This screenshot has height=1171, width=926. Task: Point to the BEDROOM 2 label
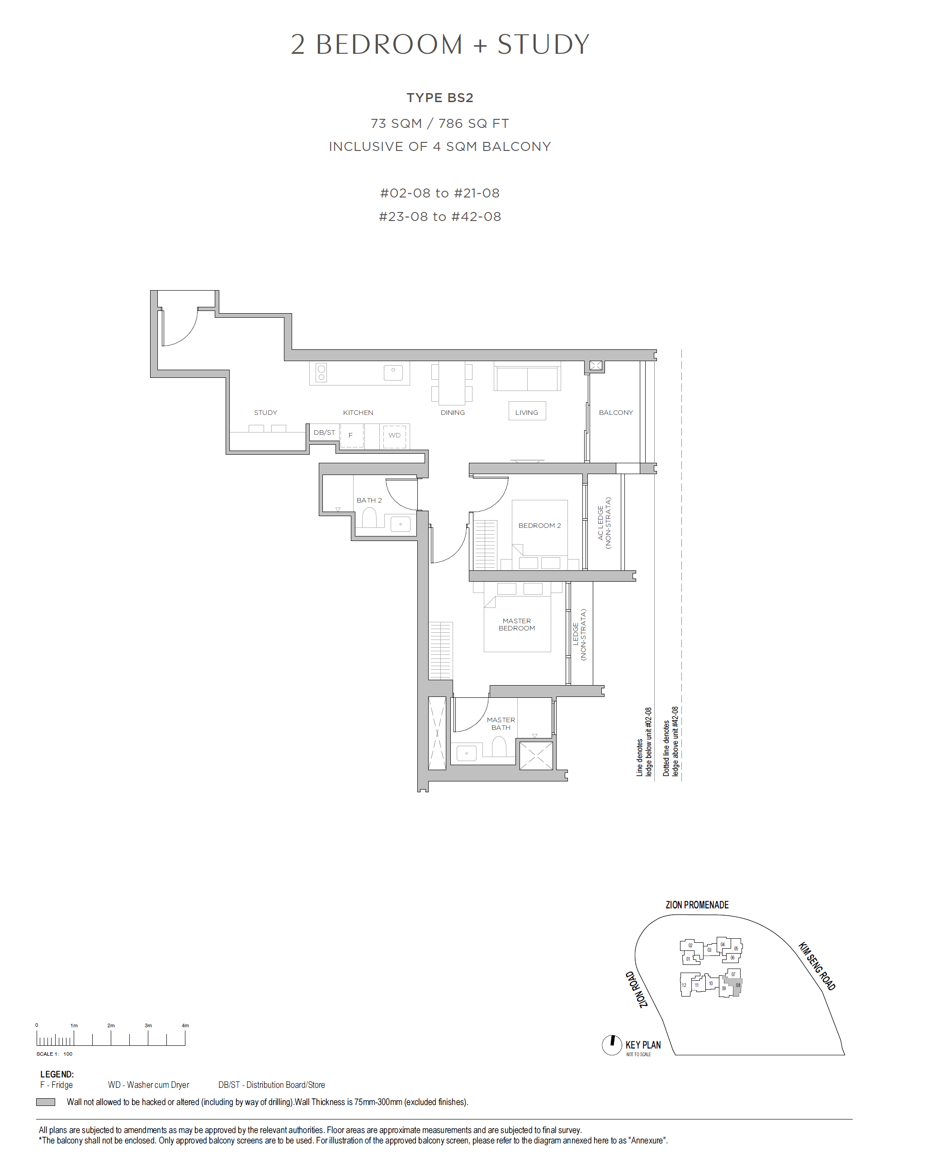539,526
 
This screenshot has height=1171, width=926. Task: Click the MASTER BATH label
501,724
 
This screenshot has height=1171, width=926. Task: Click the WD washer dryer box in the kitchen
394,435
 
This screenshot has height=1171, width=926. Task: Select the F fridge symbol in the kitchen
351,436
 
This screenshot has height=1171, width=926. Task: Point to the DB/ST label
324,433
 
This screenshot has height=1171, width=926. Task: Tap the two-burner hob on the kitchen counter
321,372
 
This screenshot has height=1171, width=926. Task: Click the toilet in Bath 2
369,518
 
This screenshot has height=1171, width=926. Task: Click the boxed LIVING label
527,412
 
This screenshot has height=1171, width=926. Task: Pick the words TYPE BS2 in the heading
439,98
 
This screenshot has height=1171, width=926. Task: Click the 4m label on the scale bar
185,1025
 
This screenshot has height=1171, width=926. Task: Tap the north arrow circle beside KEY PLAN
612,1045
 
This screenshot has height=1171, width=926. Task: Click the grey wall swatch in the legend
46,1102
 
